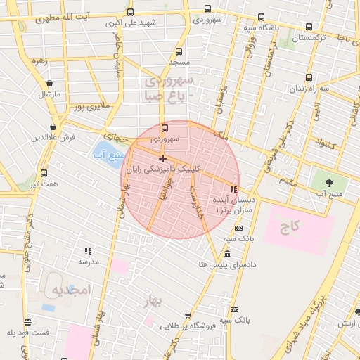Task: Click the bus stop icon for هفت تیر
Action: tap(44, 173)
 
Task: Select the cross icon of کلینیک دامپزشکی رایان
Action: tap(163, 158)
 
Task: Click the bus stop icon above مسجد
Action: tap(179, 51)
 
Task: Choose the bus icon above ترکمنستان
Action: tap(309, 27)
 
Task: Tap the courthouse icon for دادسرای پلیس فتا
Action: tap(226, 254)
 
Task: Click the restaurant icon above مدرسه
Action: tap(88, 250)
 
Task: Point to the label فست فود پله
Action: tap(29, 332)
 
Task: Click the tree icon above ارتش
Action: tap(358, 312)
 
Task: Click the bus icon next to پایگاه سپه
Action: tap(262, 17)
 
